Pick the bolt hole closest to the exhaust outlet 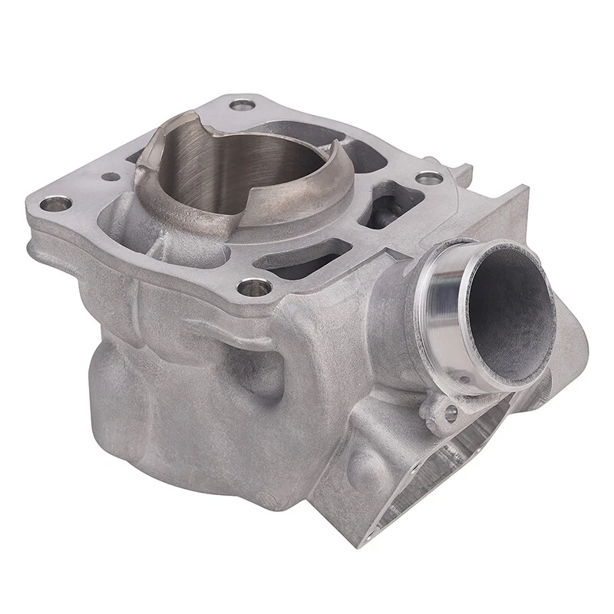pos(429,178)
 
